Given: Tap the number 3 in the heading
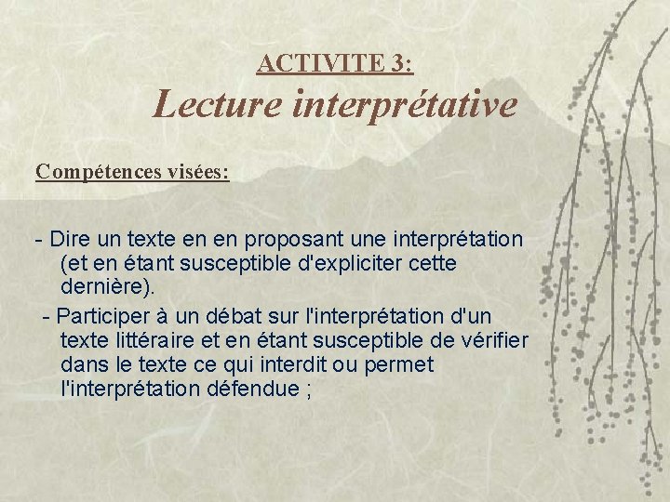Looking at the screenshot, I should tap(399, 63).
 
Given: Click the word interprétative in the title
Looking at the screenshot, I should tap(404, 104).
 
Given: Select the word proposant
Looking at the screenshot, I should tap(286, 239).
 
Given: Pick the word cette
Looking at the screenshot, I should tap(431, 263).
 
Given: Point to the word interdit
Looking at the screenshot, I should tap(272, 364).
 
